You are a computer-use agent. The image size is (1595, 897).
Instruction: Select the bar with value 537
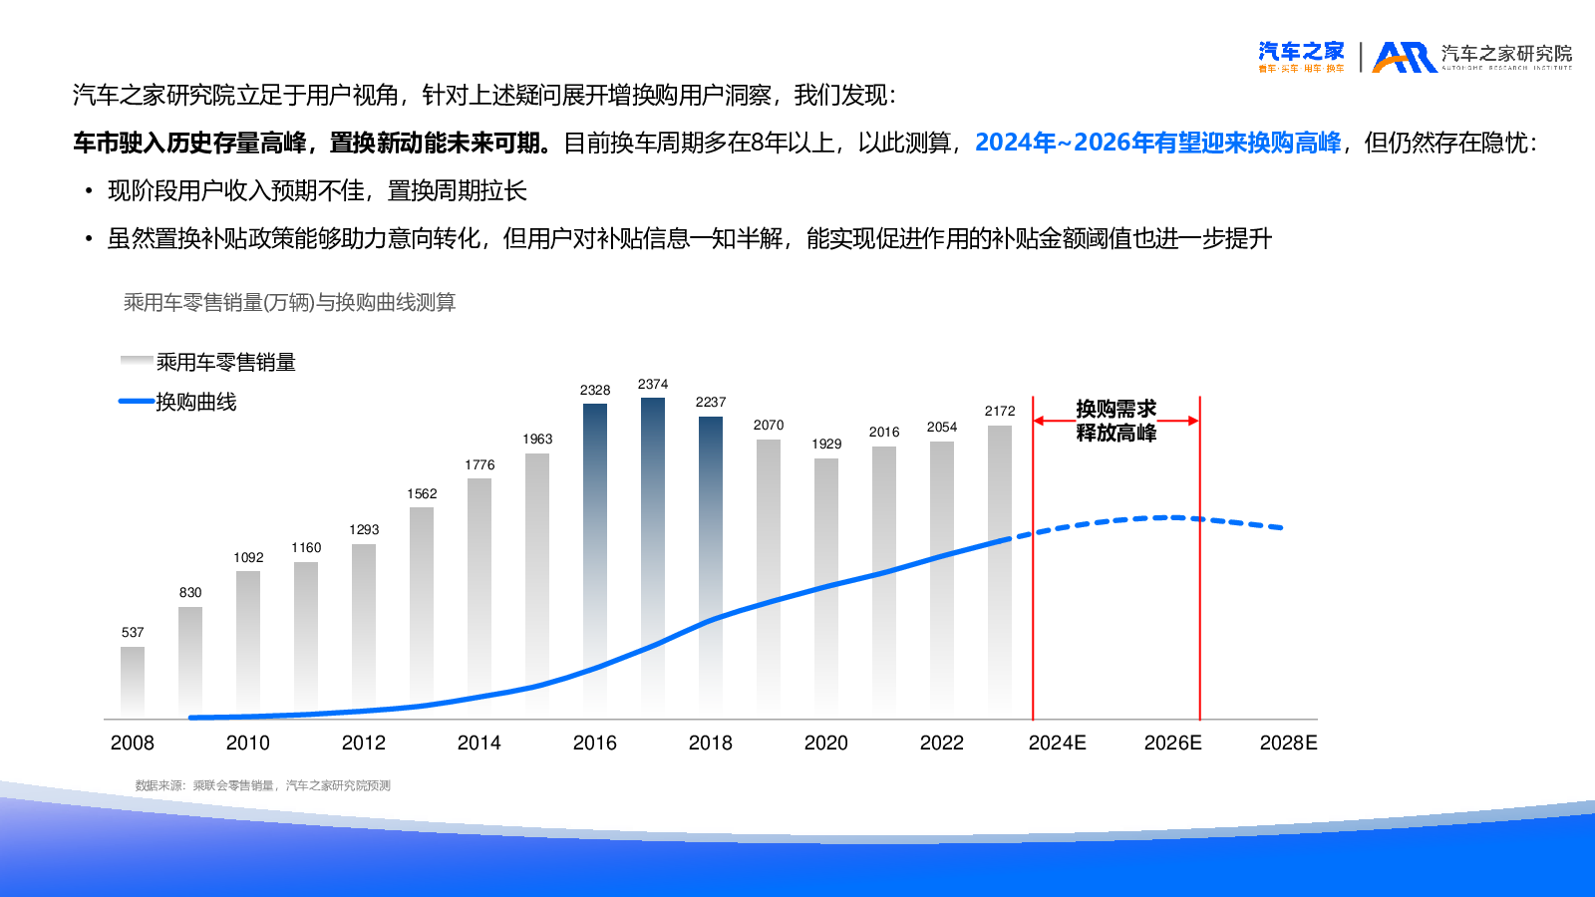(x=133, y=682)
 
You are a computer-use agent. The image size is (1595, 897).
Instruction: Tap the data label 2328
(x=595, y=390)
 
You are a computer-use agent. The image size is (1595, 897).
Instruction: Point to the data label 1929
(x=826, y=444)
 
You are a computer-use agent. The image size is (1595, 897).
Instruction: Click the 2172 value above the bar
(x=1000, y=411)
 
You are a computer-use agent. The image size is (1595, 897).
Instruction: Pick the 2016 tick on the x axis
(x=595, y=743)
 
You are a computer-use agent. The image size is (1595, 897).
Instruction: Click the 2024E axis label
(x=1057, y=743)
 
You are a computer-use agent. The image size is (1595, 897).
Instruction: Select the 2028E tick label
(x=1288, y=743)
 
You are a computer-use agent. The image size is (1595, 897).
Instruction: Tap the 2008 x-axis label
(x=133, y=743)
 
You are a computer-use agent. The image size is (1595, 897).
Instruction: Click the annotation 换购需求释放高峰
(x=1116, y=421)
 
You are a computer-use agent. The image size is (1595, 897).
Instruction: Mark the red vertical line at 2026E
(x=1199, y=598)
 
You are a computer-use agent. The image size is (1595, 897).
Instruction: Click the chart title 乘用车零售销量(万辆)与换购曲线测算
(x=289, y=302)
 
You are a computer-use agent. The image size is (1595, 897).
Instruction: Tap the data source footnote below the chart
(x=263, y=785)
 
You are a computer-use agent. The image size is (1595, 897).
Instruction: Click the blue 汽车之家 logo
(x=1301, y=56)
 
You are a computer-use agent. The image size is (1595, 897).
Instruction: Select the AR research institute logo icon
(x=1405, y=57)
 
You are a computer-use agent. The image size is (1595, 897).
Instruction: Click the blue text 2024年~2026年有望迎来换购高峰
(x=1157, y=143)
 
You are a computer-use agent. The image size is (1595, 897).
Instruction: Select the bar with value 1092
(x=248, y=643)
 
